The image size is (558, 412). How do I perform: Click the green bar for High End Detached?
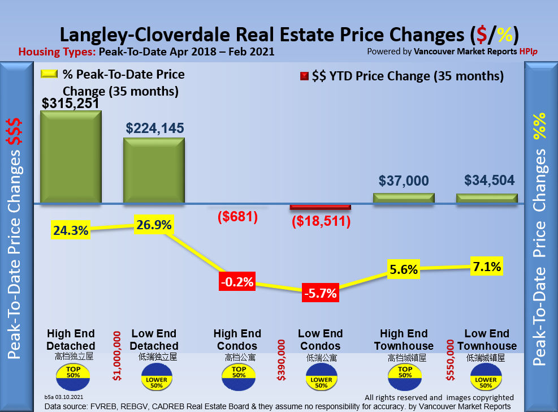click(71, 156)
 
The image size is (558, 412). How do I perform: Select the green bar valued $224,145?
click(154, 170)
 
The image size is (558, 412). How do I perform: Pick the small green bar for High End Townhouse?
click(404, 198)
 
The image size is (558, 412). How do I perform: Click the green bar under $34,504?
click(487, 198)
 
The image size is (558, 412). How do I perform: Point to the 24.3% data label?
click(71, 231)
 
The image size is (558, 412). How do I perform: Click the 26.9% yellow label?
click(154, 225)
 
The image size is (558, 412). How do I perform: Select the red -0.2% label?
click(237, 282)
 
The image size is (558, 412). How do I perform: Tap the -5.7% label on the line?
click(320, 293)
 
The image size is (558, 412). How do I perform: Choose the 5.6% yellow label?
click(403, 270)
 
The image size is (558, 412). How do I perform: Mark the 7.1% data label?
click(487, 267)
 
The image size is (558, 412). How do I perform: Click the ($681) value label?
click(237, 216)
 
